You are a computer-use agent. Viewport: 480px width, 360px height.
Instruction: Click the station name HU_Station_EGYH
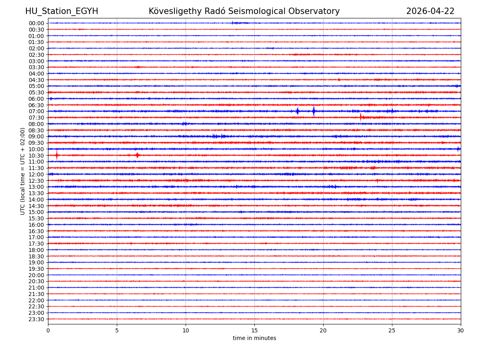pos(62,11)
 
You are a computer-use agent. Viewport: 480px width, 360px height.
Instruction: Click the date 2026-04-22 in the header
pos(430,11)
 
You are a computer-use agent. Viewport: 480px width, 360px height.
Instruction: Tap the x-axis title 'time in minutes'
pos(254,338)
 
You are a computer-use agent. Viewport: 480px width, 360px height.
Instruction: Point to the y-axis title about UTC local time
pos(23,171)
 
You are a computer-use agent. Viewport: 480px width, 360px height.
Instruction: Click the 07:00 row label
pos(36,111)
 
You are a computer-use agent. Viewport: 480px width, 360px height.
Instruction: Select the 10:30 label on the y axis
pos(36,155)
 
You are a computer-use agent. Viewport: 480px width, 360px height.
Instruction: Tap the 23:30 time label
pos(36,319)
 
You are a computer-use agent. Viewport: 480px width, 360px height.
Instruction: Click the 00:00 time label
pos(36,23)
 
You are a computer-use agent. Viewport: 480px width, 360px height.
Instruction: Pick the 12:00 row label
pos(36,174)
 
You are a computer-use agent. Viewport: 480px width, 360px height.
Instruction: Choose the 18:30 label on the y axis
pos(36,256)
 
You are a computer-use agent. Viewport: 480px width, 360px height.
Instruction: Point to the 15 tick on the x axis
pos(254,330)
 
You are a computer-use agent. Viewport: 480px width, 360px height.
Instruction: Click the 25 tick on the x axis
pos(392,330)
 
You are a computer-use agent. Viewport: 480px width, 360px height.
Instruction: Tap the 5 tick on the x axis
pos(117,330)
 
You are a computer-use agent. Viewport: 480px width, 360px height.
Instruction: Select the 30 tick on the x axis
pos(461,330)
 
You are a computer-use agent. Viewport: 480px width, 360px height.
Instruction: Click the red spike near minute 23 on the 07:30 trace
pos(360,117)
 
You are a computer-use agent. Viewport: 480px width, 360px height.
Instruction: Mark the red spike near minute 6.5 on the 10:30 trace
pos(137,155)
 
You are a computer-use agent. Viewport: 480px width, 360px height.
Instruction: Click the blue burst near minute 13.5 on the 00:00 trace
pos(233,23)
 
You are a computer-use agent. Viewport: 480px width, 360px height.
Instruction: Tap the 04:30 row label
pos(36,80)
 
